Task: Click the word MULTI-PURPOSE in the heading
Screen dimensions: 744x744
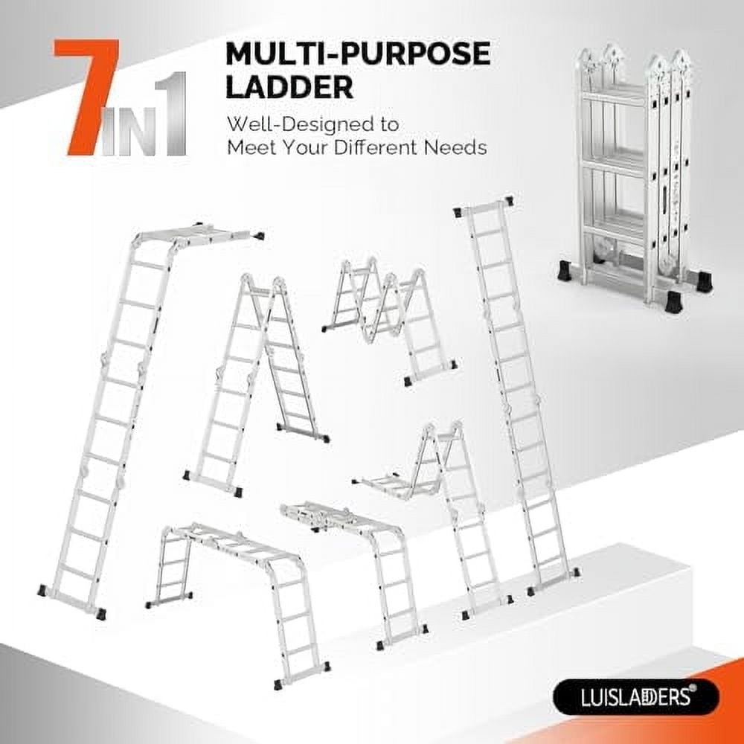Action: click(x=358, y=54)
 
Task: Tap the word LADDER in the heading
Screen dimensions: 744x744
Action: click(x=289, y=87)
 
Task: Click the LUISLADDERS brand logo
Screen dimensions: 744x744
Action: click(x=625, y=697)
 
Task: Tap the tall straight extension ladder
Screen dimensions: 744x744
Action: click(x=515, y=394)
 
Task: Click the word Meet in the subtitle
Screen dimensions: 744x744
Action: click(x=250, y=147)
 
